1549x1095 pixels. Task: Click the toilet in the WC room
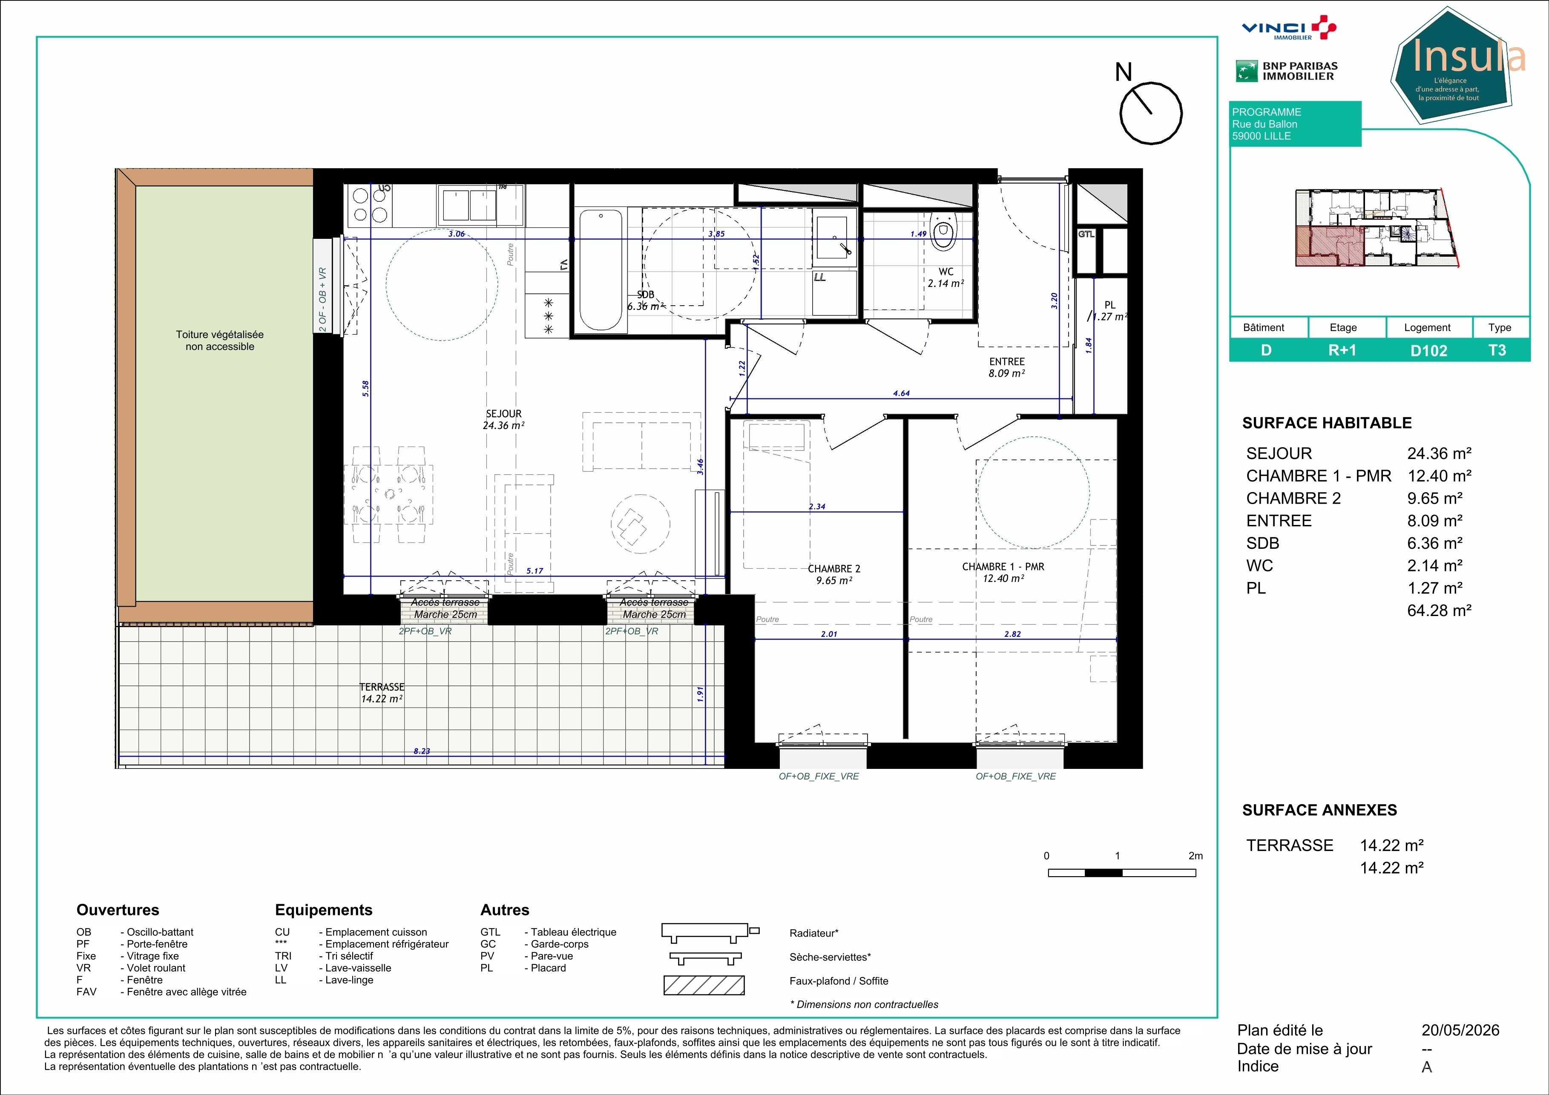pyautogui.click(x=944, y=231)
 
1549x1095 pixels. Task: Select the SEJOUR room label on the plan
pyautogui.click(x=503, y=414)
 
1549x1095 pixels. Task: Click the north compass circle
pyautogui.click(x=1151, y=113)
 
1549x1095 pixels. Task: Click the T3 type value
pyautogui.click(x=1497, y=351)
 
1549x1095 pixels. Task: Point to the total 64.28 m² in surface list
pyautogui.click(x=1439, y=610)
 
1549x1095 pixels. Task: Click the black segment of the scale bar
pyautogui.click(x=1104, y=872)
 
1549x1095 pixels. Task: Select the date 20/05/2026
pyautogui.click(x=1460, y=1030)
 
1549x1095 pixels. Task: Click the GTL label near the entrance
pyautogui.click(x=1086, y=234)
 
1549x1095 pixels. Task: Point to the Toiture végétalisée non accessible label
pyautogui.click(x=220, y=341)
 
